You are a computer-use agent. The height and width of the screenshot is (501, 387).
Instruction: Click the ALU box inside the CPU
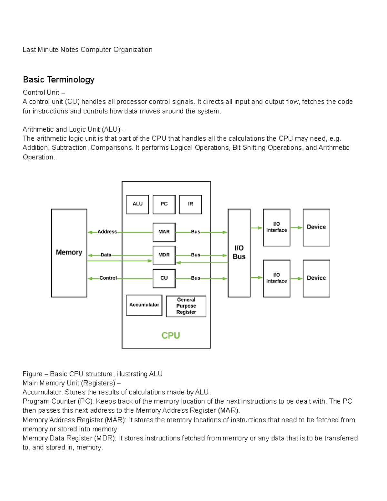137,204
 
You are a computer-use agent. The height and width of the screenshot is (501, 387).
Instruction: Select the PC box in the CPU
164,204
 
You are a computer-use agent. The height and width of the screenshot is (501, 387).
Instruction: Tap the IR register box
191,204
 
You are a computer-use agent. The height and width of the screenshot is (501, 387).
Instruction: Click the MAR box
164,232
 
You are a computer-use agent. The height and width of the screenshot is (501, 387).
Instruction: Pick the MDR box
164,255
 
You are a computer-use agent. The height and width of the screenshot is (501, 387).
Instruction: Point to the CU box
164,278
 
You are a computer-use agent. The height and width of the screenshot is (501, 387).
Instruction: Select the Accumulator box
144,305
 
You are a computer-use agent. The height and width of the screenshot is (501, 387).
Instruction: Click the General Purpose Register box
186,306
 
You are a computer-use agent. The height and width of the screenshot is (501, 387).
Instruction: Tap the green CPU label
171,336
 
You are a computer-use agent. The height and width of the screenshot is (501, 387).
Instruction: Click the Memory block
69,253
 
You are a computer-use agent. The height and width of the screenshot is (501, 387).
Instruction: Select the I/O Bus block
239,253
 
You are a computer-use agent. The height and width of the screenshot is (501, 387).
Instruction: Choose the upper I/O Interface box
276,227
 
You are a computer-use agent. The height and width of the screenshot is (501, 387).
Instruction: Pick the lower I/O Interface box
276,278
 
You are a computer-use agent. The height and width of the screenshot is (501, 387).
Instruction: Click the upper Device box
316,227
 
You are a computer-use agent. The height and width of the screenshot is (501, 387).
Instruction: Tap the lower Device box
316,278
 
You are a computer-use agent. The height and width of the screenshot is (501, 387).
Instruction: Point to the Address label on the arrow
107,232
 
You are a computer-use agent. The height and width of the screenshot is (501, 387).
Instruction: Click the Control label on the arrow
108,278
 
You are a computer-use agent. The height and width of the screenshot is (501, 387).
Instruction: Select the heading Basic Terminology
59,80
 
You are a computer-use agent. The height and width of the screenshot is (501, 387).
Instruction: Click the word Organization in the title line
133,50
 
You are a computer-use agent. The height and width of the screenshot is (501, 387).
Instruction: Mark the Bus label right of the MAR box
195,232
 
